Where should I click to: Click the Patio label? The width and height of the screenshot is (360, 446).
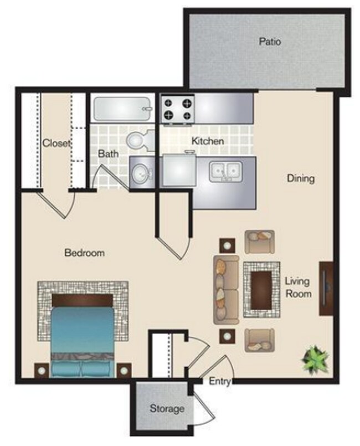point(270,41)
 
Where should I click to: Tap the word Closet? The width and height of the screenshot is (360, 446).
point(56,143)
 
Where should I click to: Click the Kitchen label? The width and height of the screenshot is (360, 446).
point(208,141)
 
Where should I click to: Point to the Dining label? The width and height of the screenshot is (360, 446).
point(301,178)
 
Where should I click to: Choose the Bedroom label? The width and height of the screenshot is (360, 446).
point(85,253)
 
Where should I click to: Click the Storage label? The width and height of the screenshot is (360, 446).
point(167,409)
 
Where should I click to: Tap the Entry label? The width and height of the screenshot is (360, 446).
point(220,381)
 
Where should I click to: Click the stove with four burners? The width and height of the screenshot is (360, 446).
point(178,109)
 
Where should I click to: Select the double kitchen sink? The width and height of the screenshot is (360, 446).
point(225,172)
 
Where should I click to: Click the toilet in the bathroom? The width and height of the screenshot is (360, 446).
point(137,141)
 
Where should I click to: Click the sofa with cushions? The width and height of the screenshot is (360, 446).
point(226,290)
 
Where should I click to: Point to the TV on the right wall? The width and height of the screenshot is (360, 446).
point(326,288)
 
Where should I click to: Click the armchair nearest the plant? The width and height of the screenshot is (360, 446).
point(260,340)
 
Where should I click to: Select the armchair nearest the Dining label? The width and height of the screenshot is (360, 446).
point(260,241)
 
